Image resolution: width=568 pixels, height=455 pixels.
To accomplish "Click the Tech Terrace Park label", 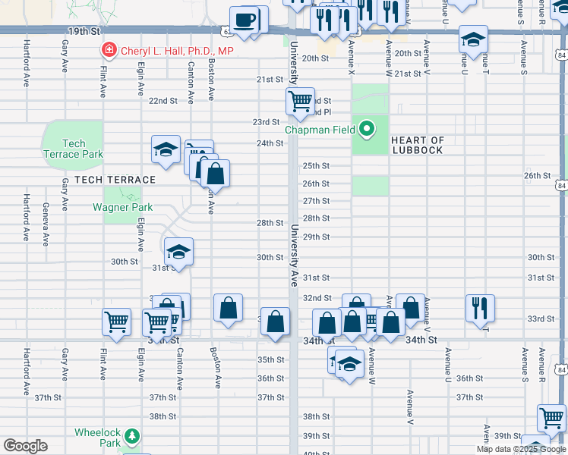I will point(74,149).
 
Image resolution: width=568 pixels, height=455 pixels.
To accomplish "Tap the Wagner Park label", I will point(122,207).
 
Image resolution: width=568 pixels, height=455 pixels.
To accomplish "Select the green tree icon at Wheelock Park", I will point(133,435).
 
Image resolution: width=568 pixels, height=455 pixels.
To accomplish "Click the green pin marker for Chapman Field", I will point(367,129).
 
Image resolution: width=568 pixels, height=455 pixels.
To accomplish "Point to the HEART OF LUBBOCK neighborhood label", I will point(417,145).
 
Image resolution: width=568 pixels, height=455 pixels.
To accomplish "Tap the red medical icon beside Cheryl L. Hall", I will point(109,51).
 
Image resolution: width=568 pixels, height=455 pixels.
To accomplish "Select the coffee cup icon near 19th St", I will point(245,20).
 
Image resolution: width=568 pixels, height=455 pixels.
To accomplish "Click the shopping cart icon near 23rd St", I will point(301,100).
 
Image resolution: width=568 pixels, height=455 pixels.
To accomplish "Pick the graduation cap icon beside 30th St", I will point(178,251).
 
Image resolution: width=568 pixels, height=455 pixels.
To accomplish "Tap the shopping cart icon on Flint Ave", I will point(117,322).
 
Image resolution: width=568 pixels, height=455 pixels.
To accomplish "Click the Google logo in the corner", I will point(26,446).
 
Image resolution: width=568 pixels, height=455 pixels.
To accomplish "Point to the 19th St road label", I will point(84,32).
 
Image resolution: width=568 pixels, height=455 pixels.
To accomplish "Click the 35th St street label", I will point(270,359).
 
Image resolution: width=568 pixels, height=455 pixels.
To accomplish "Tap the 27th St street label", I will point(316,201).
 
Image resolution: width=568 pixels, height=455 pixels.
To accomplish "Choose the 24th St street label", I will point(270,143).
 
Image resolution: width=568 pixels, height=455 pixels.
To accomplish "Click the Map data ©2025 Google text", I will point(521,449).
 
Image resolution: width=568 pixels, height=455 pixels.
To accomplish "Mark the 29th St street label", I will point(316,237).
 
